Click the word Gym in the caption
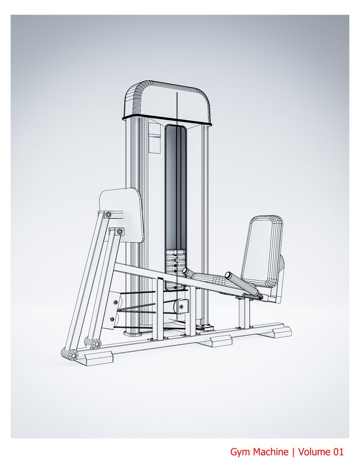click(240, 453)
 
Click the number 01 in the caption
click(338, 452)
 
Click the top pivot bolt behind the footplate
click(107, 214)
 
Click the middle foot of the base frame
click(220, 341)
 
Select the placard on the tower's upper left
click(153, 137)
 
